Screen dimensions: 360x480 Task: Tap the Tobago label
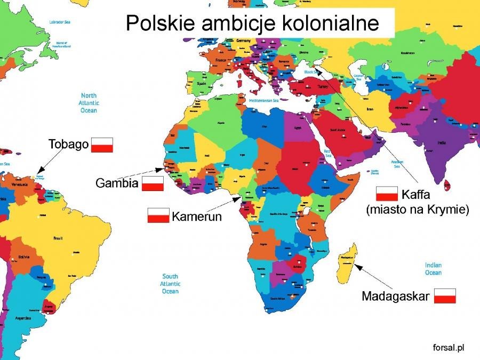tap(68, 144)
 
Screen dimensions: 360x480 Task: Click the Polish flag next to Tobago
tap(102, 145)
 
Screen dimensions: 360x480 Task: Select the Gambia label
tap(117, 183)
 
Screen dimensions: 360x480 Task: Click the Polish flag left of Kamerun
tap(158, 215)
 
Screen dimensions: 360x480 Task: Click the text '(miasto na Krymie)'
tap(418, 210)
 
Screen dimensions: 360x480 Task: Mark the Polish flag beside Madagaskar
tap(445, 295)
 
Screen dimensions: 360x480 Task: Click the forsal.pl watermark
tap(448, 347)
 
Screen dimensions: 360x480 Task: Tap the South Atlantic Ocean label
tap(170, 284)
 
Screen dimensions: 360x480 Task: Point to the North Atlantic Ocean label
tap(88, 102)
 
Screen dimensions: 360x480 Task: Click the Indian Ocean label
tap(433, 269)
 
